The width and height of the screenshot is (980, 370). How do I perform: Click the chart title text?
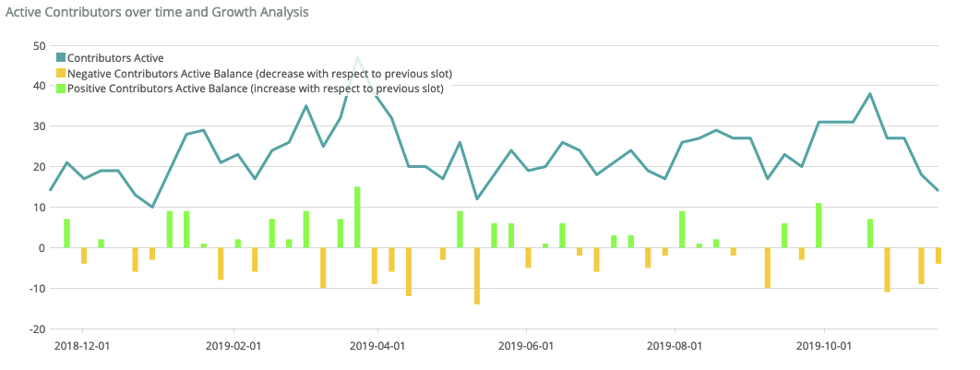click(x=157, y=12)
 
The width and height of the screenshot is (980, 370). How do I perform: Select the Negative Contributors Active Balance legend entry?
click(x=259, y=74)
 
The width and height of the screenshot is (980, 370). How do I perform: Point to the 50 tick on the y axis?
click(x=39, y=45)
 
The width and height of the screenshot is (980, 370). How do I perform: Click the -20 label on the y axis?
click(x=37, y=329)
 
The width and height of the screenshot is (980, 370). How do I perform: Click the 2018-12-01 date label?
click(x=83, y=346)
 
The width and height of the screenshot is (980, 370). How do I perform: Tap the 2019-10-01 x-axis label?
click(x=823, y=346)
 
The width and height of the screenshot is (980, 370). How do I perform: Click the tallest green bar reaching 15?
click(x=357, y=218)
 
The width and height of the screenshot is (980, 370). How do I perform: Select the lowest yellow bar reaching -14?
click(x=477, y=276)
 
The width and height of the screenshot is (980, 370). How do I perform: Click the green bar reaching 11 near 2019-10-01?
click(x=819, y=226)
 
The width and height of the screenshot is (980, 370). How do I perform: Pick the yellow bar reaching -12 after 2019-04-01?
click(x=409, y=272)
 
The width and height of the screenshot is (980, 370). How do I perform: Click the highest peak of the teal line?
click(x=357, y=58)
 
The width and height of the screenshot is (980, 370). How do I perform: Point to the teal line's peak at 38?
click(x=870, y=94)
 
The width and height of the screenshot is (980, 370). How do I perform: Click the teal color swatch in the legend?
click(x=61, y=58)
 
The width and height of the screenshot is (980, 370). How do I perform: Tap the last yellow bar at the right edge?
click(x=938, y=256)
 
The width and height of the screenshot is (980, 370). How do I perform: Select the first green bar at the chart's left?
click(x=66, y=233)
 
